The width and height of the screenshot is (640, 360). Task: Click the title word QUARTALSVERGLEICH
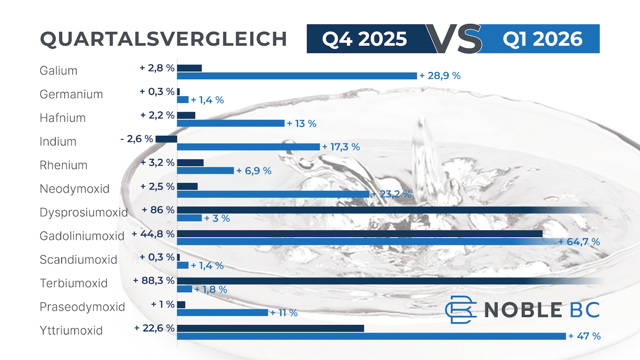[x=163, y=39]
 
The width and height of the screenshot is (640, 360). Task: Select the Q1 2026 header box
[x=542, y=39]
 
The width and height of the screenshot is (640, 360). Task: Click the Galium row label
[x=58, y=70]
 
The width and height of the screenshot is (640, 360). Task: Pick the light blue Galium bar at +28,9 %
[x=297, y=76]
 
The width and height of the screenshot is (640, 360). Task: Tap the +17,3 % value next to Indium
[x=341, y=147]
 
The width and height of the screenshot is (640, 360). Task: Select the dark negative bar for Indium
[x=166, y=139]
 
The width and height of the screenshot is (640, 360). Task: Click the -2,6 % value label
[x=136, y=139]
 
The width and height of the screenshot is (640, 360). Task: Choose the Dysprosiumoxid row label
[x=83, y=212]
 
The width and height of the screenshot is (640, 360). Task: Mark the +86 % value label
[x=158, y=210]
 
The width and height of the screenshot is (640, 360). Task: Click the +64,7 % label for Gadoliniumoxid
[x=579, y=242]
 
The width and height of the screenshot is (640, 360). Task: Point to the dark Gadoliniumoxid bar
[x=359, y=233]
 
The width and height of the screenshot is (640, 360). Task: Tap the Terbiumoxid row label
[x=73, y=283]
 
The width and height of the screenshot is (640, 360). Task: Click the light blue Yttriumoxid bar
[x=371, y=336]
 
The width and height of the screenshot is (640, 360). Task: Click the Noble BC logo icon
[x=460, y=309]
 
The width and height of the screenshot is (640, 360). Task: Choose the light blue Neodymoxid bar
[x=273, y=194]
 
